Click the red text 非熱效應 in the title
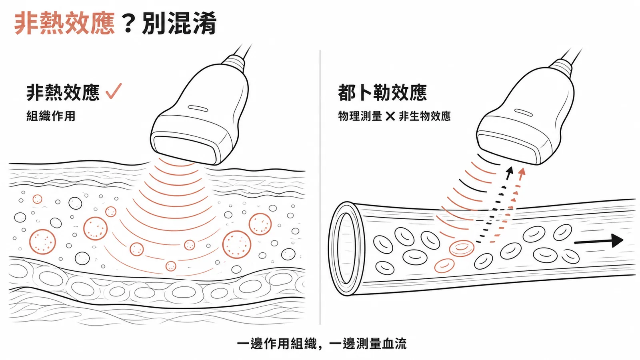click(64, 24)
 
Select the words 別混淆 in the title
click(179, 24)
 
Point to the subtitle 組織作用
click(51, 116)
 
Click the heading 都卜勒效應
click(382, 92)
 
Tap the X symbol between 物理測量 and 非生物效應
click(390, 116)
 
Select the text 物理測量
click(360, 116)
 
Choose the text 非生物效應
click(424, 116)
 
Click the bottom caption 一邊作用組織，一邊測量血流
click(322, 344)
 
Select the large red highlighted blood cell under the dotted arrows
click(462, 248)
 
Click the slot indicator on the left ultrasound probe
click(197, 108)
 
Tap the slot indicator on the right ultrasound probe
click(524, 112)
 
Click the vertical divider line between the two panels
click(320, 187)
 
